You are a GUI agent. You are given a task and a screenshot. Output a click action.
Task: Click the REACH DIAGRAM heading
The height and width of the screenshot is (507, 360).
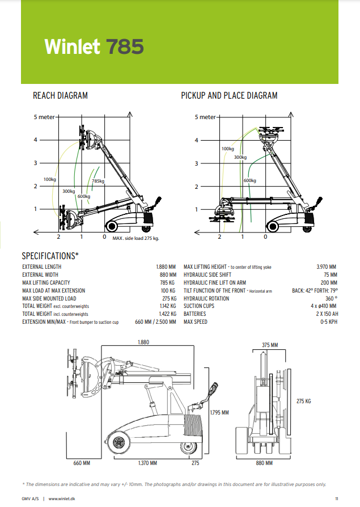60,96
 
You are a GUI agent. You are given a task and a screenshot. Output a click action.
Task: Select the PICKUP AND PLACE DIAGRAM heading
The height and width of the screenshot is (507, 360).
229,96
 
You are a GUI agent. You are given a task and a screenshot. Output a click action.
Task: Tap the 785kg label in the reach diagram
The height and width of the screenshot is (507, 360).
98,181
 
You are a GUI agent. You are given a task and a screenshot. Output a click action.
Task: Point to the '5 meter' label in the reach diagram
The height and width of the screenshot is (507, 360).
43,117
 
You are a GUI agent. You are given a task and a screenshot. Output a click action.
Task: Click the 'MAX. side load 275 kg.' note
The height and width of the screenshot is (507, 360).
135,238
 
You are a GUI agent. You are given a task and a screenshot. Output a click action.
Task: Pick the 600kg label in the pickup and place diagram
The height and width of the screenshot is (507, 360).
249,180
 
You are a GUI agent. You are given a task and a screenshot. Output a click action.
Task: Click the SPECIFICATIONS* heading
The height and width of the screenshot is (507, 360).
50,256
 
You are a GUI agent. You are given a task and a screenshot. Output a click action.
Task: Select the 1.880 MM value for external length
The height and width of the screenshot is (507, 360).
166,267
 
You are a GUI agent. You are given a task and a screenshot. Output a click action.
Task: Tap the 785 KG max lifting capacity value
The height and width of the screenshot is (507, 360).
168,282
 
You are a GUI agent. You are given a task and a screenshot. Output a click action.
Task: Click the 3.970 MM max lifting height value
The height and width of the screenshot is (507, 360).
326,267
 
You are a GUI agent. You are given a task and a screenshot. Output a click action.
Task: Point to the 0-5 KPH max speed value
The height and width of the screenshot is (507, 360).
328,322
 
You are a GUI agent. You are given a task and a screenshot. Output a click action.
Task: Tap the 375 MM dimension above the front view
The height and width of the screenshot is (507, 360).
270,345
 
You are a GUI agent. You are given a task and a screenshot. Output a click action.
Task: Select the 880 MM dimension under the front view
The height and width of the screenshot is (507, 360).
264,463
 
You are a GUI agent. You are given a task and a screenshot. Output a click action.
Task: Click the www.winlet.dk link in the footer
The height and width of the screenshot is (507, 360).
63,498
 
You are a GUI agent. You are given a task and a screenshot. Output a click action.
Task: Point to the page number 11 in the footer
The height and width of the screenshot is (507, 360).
336,498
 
